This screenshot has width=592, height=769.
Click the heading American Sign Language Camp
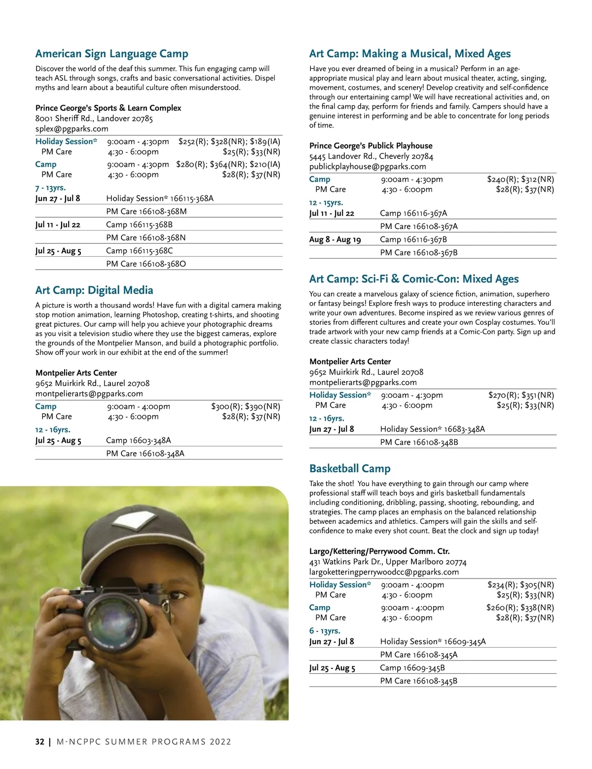coord(111,54)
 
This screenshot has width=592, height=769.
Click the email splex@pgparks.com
coord(72,129)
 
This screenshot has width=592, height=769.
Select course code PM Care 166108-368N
coord(146,237)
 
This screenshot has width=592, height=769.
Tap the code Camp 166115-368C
coord(140,251)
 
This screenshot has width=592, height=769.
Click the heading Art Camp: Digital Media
coord(94,290)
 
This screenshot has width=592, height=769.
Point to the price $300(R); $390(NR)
coord(245,406)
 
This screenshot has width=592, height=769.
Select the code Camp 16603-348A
coord(139,440)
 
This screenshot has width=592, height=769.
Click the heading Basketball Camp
coord(350,468)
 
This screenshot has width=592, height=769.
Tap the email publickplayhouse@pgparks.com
coord(368,166)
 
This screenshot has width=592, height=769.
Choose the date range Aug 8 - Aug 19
coord(335,239)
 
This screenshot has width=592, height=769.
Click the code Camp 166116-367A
coord(413,213)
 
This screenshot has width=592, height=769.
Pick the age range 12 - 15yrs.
coord(326,202)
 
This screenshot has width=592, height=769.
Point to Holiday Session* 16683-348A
coord(432,429)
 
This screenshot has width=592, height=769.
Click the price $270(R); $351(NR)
coord(521,395)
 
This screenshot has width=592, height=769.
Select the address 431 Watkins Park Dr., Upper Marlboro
coord(388,562)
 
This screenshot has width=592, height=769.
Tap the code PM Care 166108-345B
coord(418,681)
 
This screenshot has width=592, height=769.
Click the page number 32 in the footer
coord(39,741)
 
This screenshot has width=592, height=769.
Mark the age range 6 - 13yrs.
coord(325,631)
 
